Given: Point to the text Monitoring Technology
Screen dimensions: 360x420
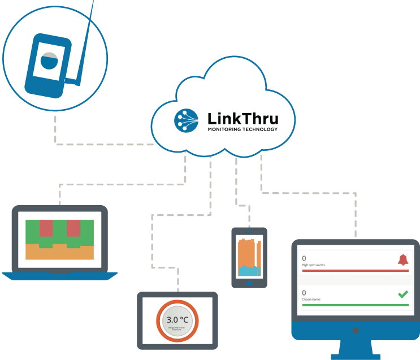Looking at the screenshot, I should (243, 130).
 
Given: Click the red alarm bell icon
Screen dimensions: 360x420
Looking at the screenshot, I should (402, 259).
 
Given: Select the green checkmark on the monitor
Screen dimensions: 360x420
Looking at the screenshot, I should (402, 294).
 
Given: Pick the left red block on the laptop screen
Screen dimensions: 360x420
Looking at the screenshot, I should (46, 229).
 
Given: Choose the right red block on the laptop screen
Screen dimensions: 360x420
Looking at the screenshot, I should (73, 229).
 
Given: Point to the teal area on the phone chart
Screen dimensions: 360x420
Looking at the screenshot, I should (249, 271).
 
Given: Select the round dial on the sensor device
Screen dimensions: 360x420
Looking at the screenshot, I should (49, 60).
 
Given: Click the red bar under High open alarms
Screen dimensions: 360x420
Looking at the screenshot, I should (355, 271).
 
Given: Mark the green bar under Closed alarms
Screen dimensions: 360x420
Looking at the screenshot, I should (355, 305).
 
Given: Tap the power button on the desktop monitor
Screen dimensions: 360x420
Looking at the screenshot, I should (356, 329).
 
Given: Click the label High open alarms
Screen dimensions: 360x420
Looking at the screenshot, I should (314, 264).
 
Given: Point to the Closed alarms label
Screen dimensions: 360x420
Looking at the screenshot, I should (312, 300).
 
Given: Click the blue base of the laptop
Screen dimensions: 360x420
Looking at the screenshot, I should (59, 276).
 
